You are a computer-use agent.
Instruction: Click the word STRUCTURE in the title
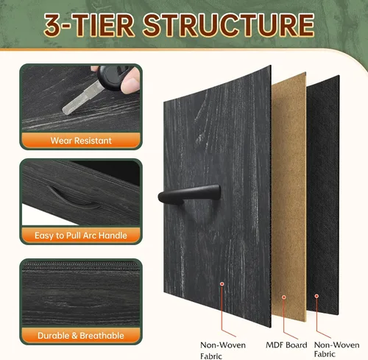(x=229, y=25)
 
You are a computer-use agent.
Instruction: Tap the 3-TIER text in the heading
(x=89, y=25)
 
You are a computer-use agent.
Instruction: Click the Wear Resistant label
(x=81, y=141)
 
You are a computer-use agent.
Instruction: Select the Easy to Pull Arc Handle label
(x=81, y=236)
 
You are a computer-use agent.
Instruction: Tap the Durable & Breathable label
(x=81, y=336)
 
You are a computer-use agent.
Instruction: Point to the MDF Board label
(x=286, y=345)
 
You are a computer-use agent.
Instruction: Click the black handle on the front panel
(x=189, y=194)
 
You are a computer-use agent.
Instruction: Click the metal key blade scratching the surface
(x=80, y=99)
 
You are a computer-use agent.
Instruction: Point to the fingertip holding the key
(x=130, y=82)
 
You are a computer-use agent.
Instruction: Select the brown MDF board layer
(x=289, y=197)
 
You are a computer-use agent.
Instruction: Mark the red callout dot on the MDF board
(x=284, y=297)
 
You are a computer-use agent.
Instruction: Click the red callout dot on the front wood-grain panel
(x=222, y=284)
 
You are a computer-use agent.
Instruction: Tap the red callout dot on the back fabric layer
(x=316, y=296)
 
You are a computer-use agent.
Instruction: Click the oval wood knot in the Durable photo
(x=83, y=304)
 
